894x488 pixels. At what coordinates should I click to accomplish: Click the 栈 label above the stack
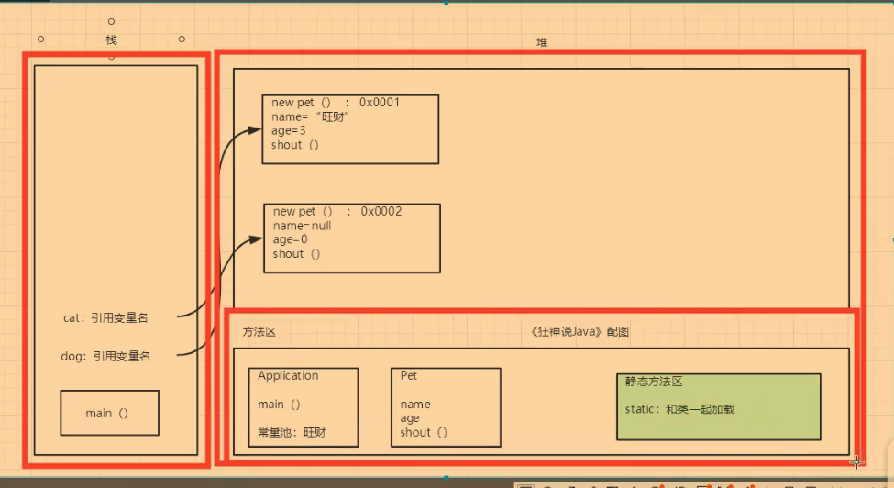[112, 40]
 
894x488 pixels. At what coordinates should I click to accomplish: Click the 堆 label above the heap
[542, 42]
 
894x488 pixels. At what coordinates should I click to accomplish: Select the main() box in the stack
[109, 413]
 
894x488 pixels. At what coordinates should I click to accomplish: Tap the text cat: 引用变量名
[105, 318]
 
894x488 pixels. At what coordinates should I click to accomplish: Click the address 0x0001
[380, 103]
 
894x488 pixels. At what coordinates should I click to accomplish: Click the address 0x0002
[381, 212]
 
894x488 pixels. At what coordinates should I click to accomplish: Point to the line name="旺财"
[311, 116]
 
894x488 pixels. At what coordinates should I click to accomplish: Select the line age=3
[288, 130]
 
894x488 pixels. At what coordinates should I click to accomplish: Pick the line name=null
[302, 226]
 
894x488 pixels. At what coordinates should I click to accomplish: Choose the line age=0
[290, 239]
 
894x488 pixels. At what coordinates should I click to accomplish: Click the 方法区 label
[259, 332]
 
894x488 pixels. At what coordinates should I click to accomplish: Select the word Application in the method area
[288, 376]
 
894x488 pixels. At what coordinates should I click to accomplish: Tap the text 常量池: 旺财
[292, 432]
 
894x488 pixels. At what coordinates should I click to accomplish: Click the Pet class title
[409, 376]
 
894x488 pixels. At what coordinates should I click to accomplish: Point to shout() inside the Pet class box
[424, 432]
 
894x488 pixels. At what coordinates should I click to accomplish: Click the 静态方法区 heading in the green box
[654, 382]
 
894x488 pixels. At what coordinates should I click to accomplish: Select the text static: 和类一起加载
[679, 409]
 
